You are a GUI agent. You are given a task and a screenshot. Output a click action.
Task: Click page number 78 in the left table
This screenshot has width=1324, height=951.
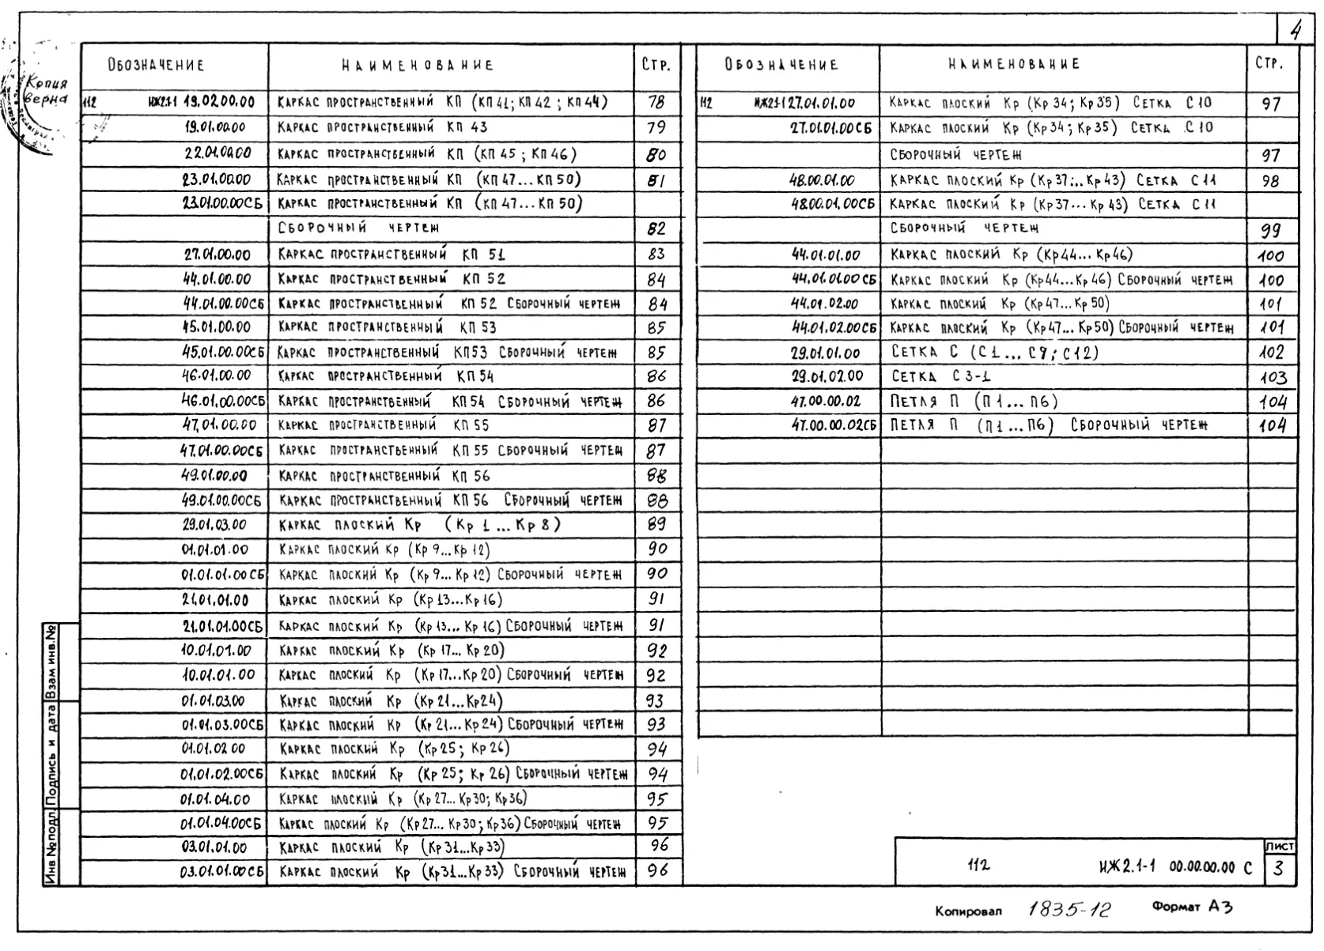tap(656, 102)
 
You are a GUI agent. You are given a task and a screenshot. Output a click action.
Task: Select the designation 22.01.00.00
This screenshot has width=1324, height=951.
tap(218, 153)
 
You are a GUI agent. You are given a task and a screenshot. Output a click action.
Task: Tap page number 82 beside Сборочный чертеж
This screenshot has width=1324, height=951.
tap(656, 229)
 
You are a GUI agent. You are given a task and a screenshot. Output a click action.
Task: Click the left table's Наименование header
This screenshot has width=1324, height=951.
tap(418, 66)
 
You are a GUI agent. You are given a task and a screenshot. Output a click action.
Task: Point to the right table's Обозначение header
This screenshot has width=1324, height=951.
tap(781, 65)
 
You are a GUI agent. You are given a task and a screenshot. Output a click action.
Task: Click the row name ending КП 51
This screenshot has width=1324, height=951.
tap(392, 255)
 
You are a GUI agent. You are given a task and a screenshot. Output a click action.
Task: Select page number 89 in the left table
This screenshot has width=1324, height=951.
tap(656, 524)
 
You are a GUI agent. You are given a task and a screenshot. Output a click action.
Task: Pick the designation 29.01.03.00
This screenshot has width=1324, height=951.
tap(214, 525)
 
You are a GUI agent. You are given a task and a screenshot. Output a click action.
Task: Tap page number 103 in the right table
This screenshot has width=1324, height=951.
tap(1273, 378)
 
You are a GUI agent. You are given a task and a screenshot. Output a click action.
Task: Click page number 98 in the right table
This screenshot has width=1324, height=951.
tap(1271, 181)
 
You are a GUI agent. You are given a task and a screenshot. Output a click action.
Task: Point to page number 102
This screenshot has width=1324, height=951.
tap(1272, 353)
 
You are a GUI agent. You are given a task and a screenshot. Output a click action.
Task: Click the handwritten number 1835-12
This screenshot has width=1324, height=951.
tap(1069, 909)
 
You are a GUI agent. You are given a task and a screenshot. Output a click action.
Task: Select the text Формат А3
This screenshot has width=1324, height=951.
tap(1192, 908)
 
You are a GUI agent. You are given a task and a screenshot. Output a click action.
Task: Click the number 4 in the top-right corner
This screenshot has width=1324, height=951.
tap(1296, 32)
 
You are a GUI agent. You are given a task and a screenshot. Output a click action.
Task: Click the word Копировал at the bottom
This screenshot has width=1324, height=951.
tap(968, 911)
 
